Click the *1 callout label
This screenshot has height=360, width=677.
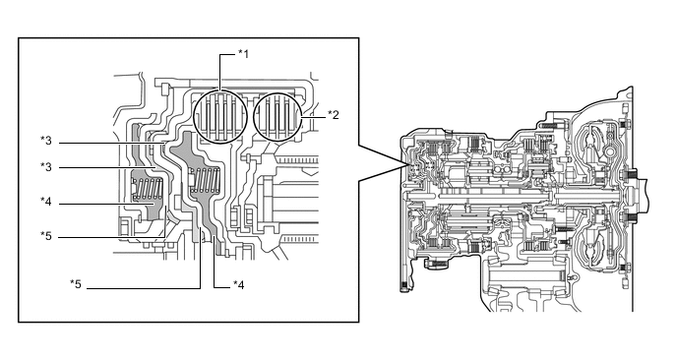[x=243, y=54]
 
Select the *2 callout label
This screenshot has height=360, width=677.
[x=333, y=115]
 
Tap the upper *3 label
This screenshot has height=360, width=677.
[x=46, y=141]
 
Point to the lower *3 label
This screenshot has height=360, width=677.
[x=46, y=167]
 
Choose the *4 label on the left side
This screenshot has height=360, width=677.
[x=46, y=202]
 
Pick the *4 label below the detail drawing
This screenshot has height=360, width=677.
[x=239, y=285]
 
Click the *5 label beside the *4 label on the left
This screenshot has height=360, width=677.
[x=46, y=236]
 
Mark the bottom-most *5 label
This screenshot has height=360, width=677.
[x=76, y=284]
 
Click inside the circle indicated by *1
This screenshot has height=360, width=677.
[x=219, y=117]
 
